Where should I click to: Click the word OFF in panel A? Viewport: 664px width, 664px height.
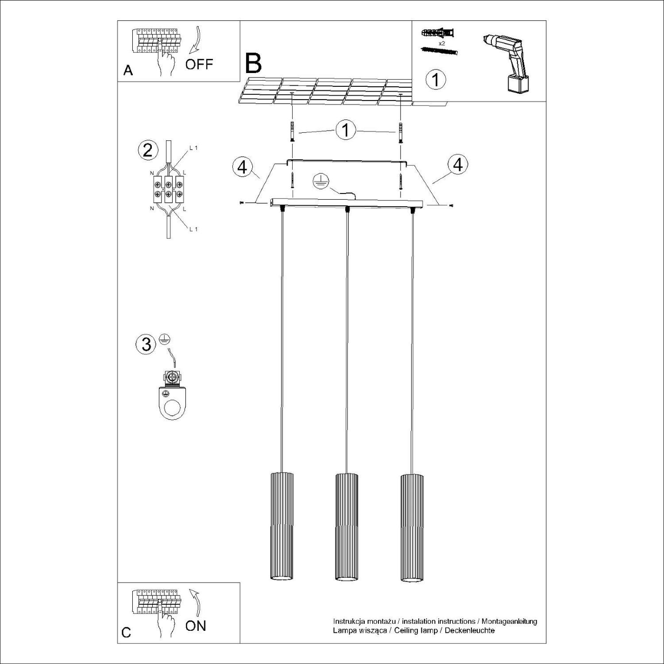click(199, 64)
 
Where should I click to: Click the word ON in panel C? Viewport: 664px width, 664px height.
click(196, 625)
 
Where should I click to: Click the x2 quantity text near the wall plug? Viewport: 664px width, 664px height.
click(441, 43)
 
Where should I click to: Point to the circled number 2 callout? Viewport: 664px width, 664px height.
click(148, 150)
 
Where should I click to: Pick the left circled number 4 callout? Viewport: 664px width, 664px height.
click(243, 167)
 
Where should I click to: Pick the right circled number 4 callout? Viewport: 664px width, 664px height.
click(458, 164)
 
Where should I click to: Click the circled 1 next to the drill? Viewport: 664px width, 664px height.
click(436, 80)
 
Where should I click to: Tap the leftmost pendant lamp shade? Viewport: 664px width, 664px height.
click(282, 526)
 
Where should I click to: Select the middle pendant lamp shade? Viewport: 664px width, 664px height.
click(347, 526)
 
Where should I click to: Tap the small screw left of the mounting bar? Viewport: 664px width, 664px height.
click(242, 203)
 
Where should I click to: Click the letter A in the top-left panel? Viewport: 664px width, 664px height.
click(128, 70)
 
